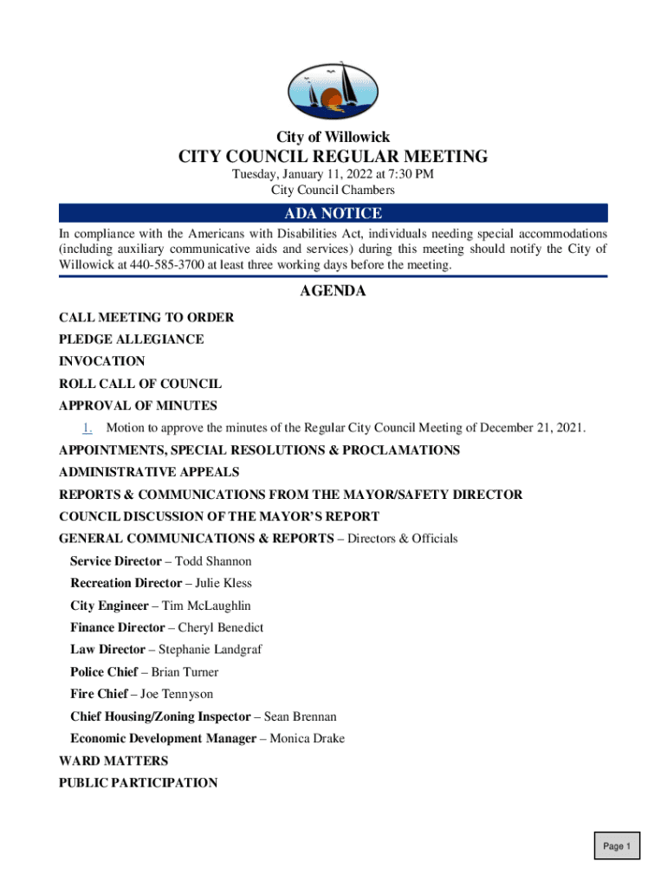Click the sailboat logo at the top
(333, 90)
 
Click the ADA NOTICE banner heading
(333, 214)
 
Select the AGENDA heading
(333, 292)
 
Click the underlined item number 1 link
(87, 428)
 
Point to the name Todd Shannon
(213, 561)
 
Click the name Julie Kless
(223, 584)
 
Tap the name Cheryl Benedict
(221, 628)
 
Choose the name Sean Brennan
(300, 716)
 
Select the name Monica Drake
(307, 739)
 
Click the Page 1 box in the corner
(617, 846)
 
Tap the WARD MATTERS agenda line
(113, 761)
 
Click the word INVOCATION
(102, 361)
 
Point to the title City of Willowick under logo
(333, 138)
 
